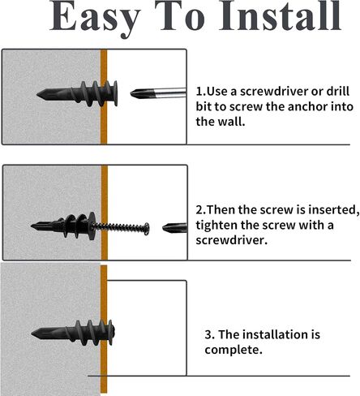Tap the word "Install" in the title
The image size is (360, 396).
point(280,15)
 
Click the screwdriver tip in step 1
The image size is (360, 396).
point(131,94)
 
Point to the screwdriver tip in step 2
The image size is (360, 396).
point(163,228)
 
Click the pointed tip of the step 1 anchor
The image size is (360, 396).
point(37,95)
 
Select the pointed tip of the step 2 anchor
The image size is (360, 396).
point(32,226)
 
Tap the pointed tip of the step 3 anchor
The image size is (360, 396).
point(32,334)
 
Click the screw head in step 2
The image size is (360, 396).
point(147,229)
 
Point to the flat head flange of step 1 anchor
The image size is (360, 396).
point(115,93)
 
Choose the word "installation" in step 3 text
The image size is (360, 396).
point(276,334)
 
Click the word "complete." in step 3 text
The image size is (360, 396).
point(234,350)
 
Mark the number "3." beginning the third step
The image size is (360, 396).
point(210,335)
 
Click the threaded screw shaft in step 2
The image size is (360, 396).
point(118,227)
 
